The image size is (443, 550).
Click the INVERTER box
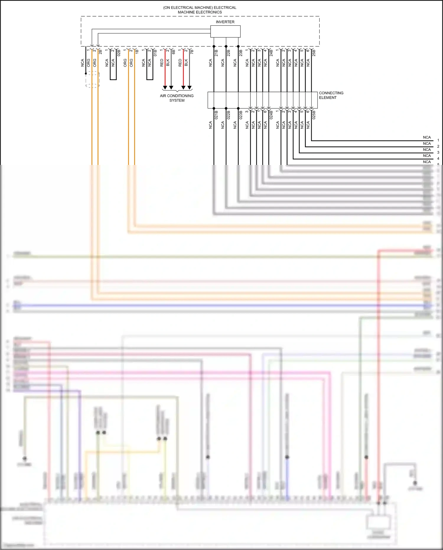click(x=225, y=31)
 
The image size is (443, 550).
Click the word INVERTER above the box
click(x=225, y=22)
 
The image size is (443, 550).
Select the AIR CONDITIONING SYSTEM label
click(x=177, y=98)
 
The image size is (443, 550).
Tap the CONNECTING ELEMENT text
click(x=331, y=95)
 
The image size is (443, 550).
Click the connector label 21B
click(x=216, y=53)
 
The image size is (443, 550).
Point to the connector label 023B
click(x=241, y=115)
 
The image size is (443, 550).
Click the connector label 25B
click(x=314, y=53)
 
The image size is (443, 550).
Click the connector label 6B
click(x=174, y=52)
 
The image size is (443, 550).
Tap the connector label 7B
click(x=192, y=52)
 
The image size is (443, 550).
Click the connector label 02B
click(x=119, y=53)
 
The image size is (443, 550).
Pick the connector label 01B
click(x=155, y=53)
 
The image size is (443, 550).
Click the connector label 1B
click(x=137, y=52)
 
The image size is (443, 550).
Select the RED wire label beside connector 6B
click(x=162, y=62)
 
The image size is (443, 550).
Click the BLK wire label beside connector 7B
click(x=186, y=62)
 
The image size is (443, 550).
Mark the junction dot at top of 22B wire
click(x=226, y=46)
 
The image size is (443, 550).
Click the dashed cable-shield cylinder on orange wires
click(x=92, y=80)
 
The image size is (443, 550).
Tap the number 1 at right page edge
click(x=438, y=140)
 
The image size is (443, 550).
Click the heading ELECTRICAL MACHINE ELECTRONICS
click(x=200, y=10)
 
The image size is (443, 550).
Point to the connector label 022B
click(x=229, y=115)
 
